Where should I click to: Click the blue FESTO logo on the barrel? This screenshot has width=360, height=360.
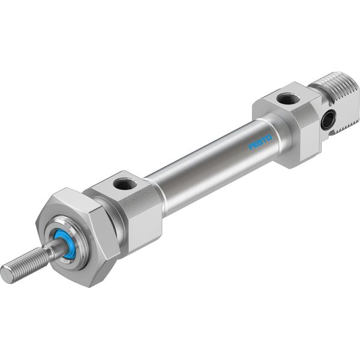260,142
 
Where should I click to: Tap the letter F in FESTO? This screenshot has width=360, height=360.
251,147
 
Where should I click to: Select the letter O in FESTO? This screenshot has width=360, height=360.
269,138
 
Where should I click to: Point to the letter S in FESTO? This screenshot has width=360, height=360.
260,142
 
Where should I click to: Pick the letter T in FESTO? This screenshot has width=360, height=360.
265,140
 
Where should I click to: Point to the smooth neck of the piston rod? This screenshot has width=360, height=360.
55,248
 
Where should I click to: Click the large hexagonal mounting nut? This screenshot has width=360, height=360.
78,236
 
